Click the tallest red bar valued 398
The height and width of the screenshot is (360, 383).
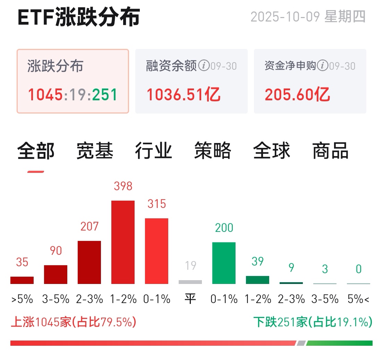click(x=123, y=242)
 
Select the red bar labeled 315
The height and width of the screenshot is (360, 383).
click(x=156, y=251)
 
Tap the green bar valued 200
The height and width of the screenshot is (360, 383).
click(x=224, y=263)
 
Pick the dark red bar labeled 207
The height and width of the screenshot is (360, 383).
click(x=89, y=262)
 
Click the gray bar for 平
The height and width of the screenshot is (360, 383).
click(x=190, y=282)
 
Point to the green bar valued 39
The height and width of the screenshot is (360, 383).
click(x=257, y=280)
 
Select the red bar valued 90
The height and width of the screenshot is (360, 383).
click(x=56, y=274)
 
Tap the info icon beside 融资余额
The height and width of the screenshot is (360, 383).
click(x=204, y=65)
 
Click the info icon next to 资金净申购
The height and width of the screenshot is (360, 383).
click(x=323, y=65)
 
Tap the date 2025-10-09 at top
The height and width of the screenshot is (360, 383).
click(x=285, y=17)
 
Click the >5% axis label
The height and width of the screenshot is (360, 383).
click(x=22, y=299)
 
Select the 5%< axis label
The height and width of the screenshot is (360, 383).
click(x=358, y=299)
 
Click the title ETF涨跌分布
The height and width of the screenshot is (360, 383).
click(x=79, y=17)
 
